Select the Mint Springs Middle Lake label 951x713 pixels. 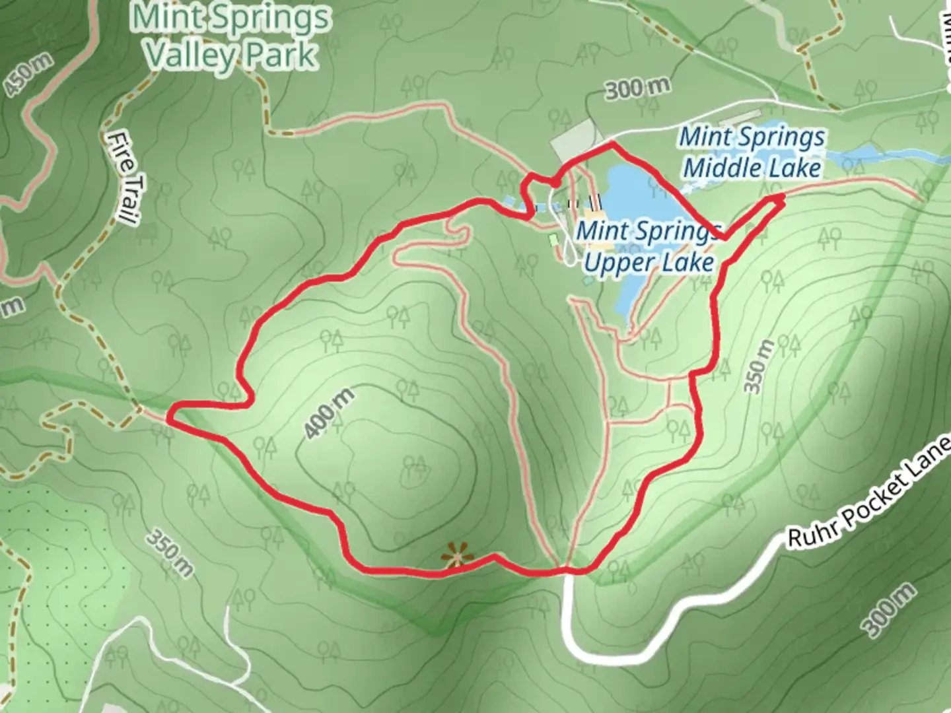point(752,152)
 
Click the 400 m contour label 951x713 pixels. point(329,415)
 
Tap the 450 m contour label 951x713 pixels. point(28,75)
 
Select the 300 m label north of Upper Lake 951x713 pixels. point(637,88)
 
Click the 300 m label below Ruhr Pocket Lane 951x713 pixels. point(890,611)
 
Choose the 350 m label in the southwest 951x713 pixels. point(170,552)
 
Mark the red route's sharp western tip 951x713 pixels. point(170,418)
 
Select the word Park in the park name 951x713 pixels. point(281,55)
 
